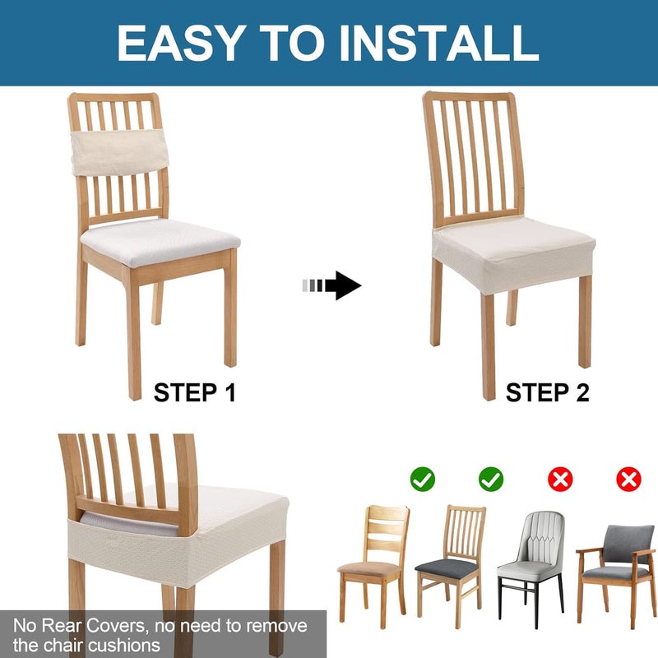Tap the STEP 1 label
click(x=194, y=392)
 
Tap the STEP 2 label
click(x=547, y=392)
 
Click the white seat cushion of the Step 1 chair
click(x=160, y=240)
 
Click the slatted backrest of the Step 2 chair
click(x=473, y=156)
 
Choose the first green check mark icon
click(x=423, y=479)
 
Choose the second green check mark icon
click(x=491, y=479)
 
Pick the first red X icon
click(x=560, y=479)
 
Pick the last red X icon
click(x=629, y=479)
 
